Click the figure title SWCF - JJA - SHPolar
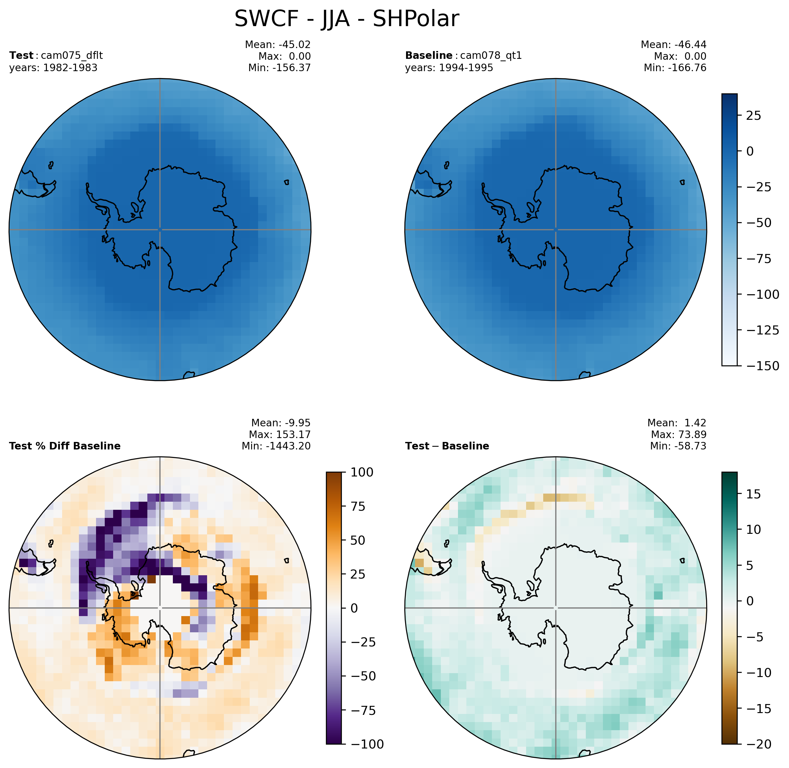pyautogui.click(x=346, y=19)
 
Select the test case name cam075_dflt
pyautogui.click(x=72, y=56)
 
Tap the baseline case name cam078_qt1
pyautogui.click(x=491, y=56)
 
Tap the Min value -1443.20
pyautogui.click(x=288, y=446)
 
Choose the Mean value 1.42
pyautogui.click(x=695, y=423)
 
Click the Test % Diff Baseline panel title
pyautogui.click(x=65, y=446)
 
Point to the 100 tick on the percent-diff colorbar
pyautogui.click(x=362, y=472)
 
